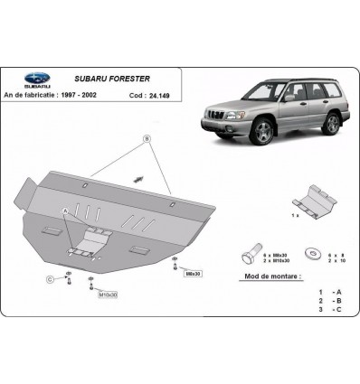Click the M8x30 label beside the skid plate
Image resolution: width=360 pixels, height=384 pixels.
pos(192,271)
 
